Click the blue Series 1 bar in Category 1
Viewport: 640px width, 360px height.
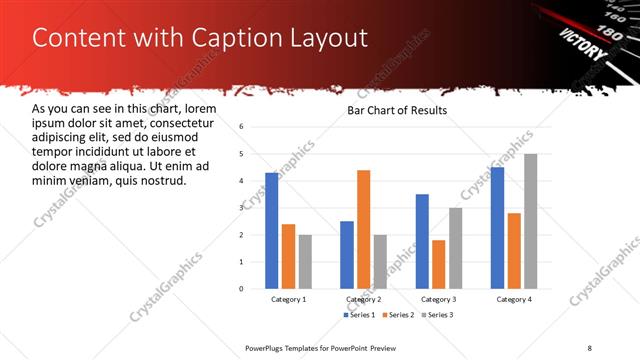[272, 230]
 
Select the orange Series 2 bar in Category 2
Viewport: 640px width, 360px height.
[363, 229]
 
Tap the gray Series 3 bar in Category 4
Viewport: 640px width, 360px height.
[531, 221]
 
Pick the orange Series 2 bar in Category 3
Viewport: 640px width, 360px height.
[439, 264]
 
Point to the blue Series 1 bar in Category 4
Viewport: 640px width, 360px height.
[497, 227]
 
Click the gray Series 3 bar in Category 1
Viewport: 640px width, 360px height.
[305, 261]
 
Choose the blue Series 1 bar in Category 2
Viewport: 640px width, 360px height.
[346, 254]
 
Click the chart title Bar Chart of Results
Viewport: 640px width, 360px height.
[397, 110]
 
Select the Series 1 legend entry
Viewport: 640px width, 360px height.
[359, 315]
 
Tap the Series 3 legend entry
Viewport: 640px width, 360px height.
[435, 315]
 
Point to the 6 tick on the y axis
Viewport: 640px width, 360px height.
[241, 127]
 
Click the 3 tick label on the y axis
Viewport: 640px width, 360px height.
[241, 207]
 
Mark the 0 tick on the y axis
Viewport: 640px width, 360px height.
[241, 288]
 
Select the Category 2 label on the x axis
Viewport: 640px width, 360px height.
[364, 299]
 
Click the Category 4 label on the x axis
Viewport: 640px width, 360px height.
[514, 299]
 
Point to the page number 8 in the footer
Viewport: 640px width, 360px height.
[589, 347]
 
